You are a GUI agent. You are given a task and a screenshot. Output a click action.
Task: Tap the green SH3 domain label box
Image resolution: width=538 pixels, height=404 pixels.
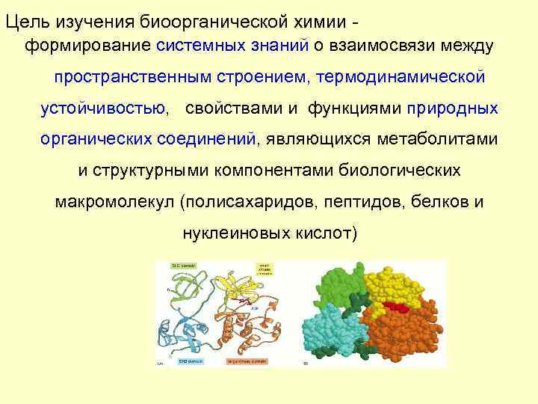[x=183, y=265]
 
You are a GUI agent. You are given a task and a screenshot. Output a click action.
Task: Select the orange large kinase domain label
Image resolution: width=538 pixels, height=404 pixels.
[x=247, y=361]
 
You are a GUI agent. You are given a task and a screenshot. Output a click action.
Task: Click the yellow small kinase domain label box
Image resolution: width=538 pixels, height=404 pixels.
[x=265, y=269]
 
